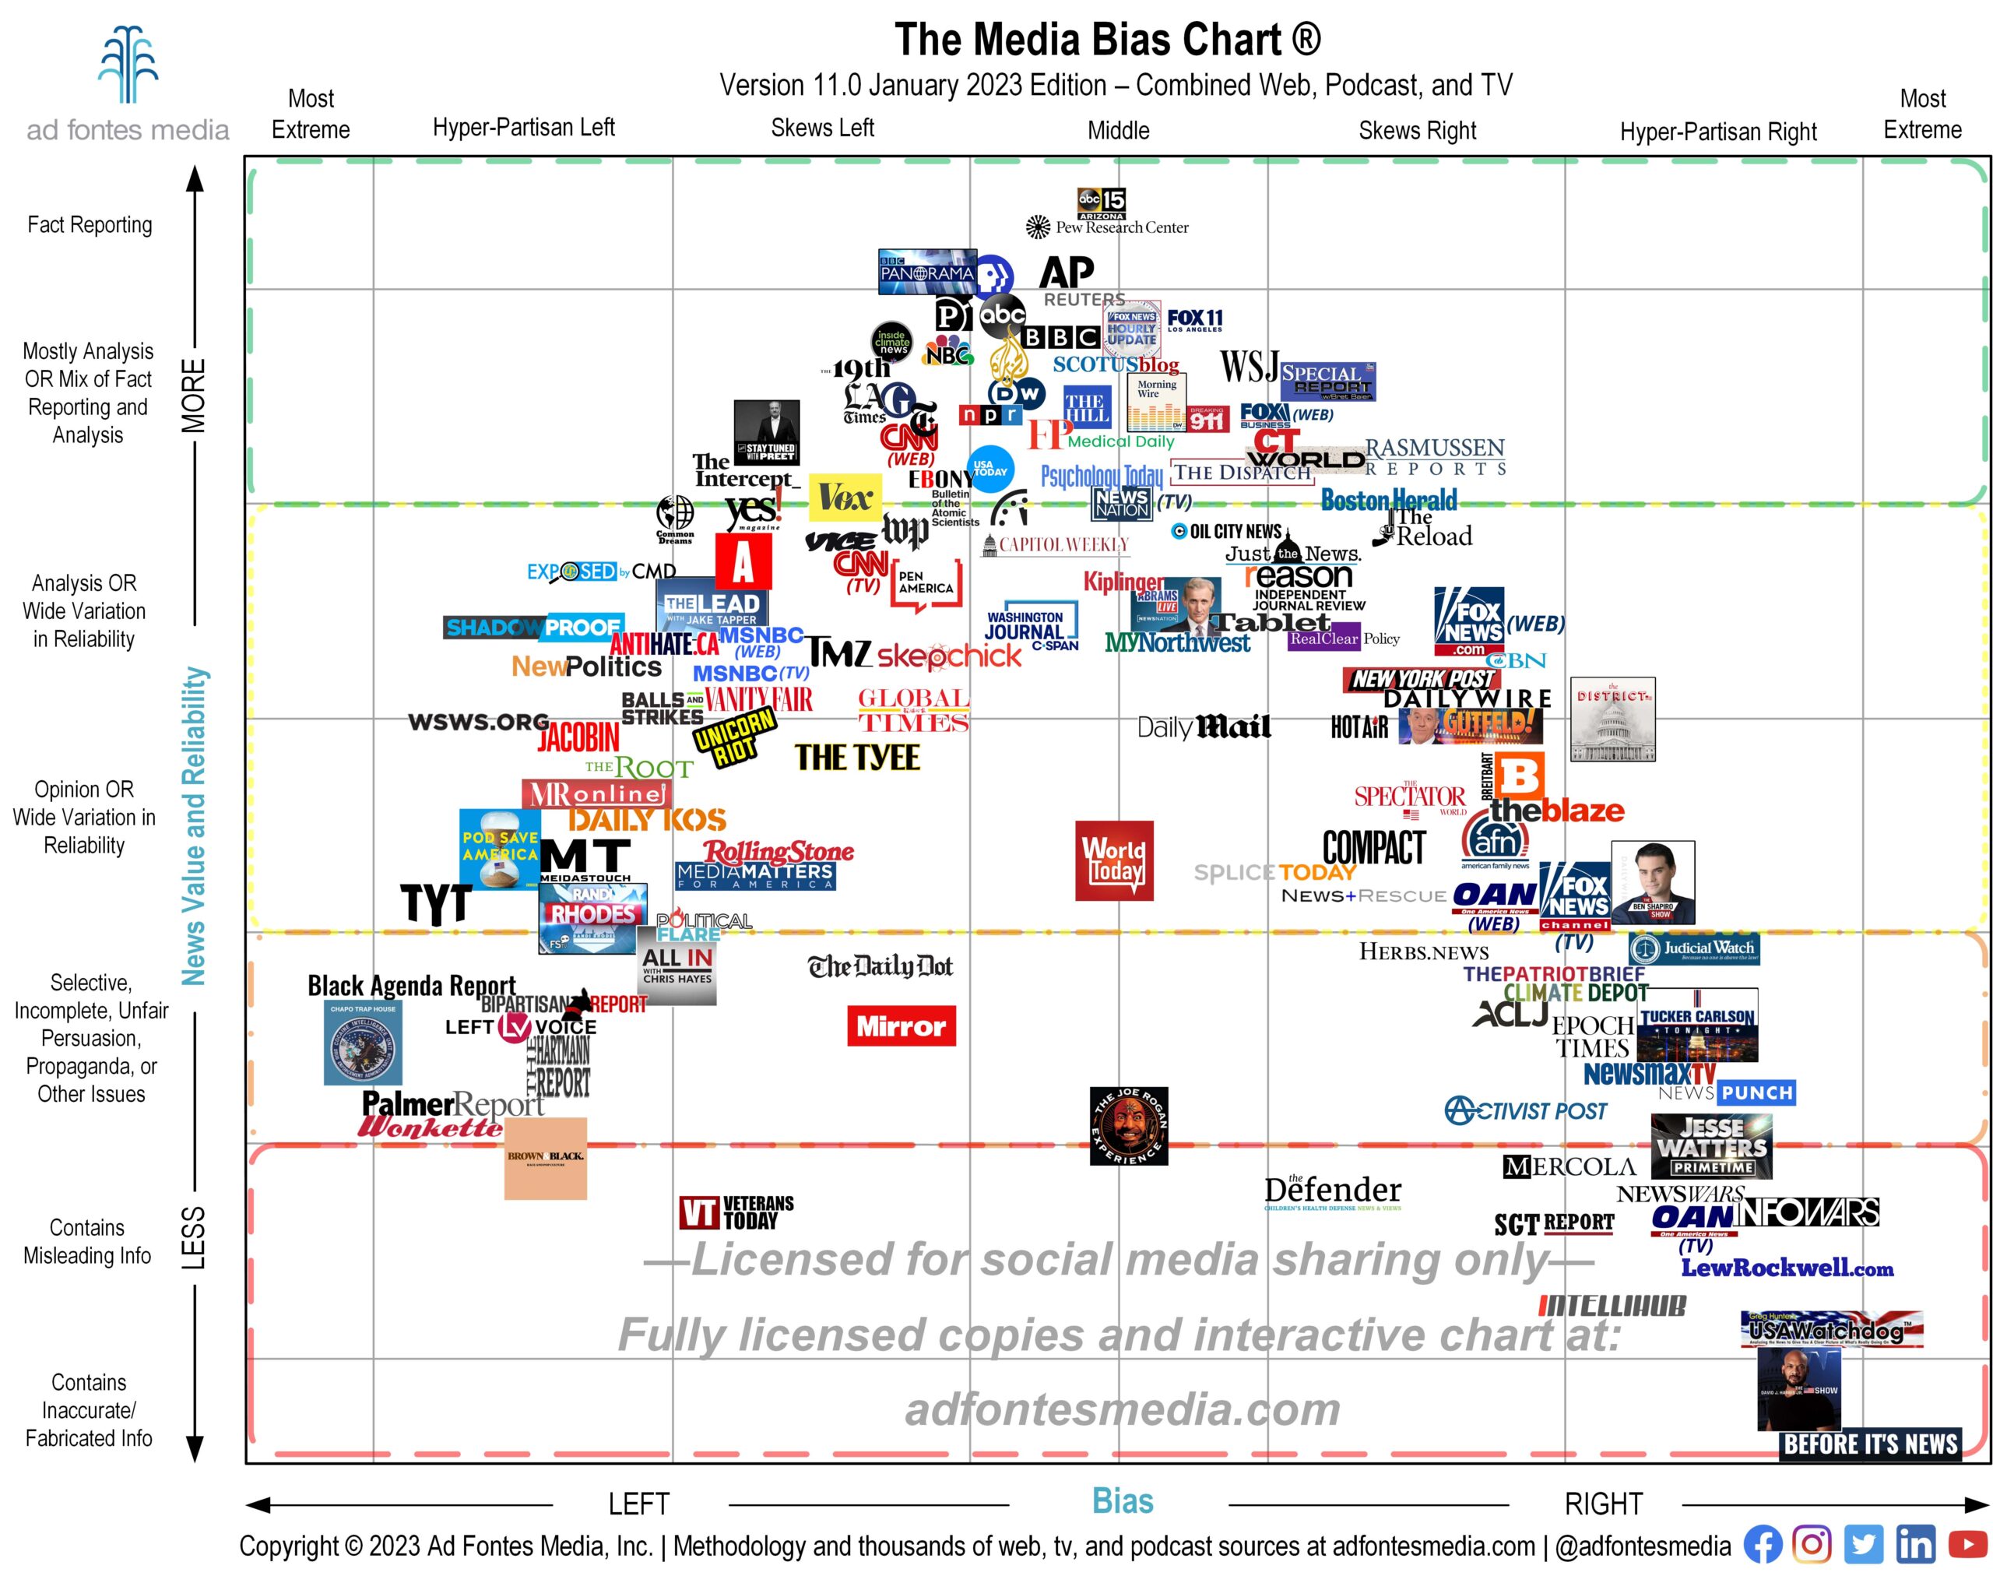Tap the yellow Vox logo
point(844,498)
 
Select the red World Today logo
point(1114,860)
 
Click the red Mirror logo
point(901,1026)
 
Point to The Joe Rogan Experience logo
point(1128,1126)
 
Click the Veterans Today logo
point(736,1212)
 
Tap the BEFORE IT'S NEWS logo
point(1869,1444)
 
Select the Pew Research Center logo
point(1107,227)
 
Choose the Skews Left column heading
point(822,128)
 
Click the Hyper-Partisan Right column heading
point(1717,132)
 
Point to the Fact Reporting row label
point(90,225)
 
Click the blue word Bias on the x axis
point(1122,1501)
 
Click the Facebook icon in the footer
point(1763,1545)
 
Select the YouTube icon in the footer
point(1967,1545)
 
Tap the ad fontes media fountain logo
point(128,65)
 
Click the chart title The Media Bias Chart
point(1107,40)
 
